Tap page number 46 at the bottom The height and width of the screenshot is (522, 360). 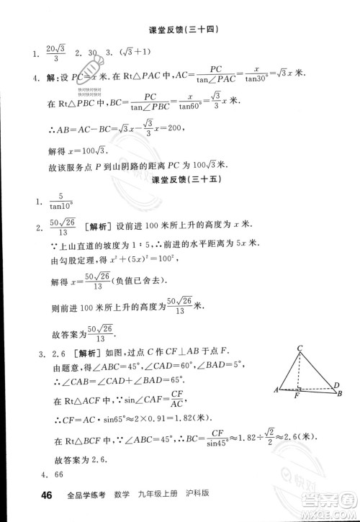(28, 495)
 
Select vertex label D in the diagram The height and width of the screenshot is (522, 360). (336, 385)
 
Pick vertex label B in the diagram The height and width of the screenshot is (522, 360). (339, 393)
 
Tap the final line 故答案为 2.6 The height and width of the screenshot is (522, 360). (78, 456)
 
